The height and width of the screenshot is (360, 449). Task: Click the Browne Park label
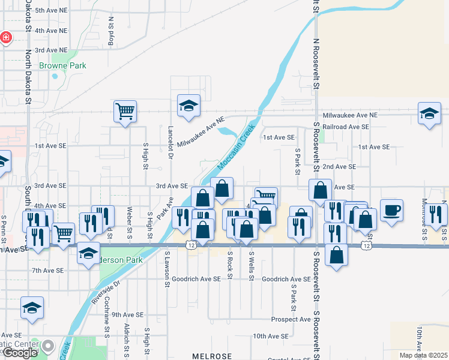(x=62, y=65)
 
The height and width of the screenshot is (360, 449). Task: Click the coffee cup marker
(x=391, y=211)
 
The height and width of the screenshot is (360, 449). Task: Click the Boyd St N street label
(x=111, y=30)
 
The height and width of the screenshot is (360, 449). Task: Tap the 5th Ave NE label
(x=52, y=11)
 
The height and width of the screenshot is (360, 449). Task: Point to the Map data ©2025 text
(x=423, y=355)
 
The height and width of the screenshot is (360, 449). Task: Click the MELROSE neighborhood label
(x=211, y=356)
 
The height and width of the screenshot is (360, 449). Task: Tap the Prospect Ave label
(x=291, y=319)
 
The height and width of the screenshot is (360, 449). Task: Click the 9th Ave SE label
(x=127, y=314)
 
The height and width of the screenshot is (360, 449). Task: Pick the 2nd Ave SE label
(x=339, y=166)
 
